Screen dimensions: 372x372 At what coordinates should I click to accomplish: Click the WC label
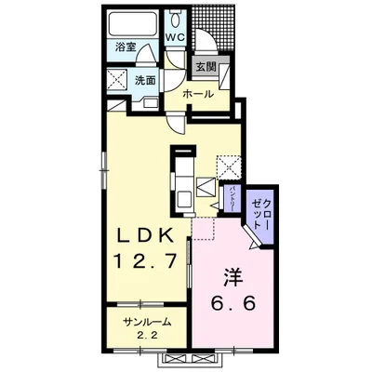pyautogui.click(x=175, y=37)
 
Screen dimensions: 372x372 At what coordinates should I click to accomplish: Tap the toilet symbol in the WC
pyautogui.click(x=177, y=19)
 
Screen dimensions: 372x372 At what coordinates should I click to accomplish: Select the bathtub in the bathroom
pyautogui.click(x=132, y=23)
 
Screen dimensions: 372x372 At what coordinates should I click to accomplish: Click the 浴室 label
pyautogui.click(x=126, y=47)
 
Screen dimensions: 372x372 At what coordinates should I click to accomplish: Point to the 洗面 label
pyautogui.click(x=145, y=81)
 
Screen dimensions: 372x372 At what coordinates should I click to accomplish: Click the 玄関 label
pyautogui.click(x=206, y=67)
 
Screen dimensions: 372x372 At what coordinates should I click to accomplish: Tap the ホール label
pyautogui.click(x=198, y=94)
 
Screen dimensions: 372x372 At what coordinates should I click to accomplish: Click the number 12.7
pyautogui.click(x=145, y=259)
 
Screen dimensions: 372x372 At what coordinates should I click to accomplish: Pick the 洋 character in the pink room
pyautogui.click(x=232, y=278)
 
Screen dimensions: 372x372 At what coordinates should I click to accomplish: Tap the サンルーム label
pyautogui.click(x=147, y=322)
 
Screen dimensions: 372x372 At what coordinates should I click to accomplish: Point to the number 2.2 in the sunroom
pyautogui.click(x=147, y=336)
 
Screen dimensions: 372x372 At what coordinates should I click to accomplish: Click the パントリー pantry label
pyautogui.click(x=232, y=198)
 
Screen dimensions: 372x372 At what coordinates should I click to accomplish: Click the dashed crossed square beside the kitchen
pyautogui.click(x=229, y=167)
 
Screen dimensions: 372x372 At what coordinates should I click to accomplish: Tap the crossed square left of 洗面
pyautogui.click(x=117, y=80)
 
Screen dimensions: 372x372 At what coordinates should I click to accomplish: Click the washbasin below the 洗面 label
pyautogui.click(x=151, y=102)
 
